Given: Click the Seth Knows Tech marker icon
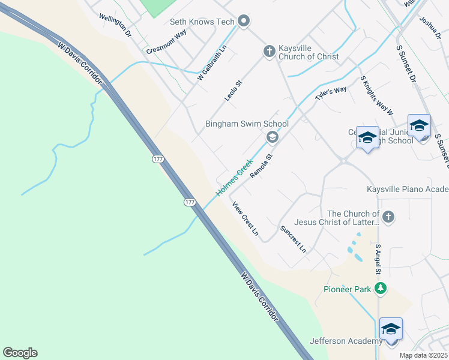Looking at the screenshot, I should [243, 22].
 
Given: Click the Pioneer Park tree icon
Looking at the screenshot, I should [379, 289].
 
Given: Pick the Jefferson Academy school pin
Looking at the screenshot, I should [391, 329].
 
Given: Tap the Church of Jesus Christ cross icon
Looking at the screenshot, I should [388, 217].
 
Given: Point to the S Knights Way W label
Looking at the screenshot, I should [376, 95].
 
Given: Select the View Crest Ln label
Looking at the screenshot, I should [246, 218].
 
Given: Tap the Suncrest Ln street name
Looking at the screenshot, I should [293, 239].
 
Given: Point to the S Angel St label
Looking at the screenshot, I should [378, 260].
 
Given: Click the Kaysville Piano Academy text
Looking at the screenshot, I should [408, 190].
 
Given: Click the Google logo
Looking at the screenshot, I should [20, 353].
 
